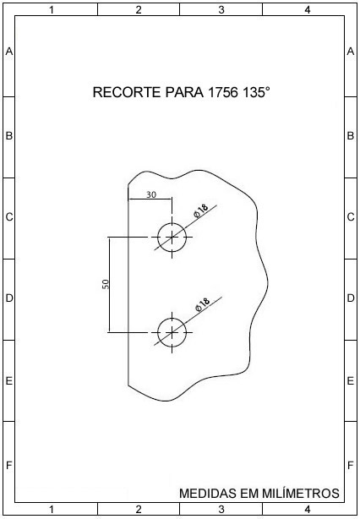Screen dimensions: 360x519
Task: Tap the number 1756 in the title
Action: tap(223, 92)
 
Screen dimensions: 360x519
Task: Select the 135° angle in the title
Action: tap(256, 92)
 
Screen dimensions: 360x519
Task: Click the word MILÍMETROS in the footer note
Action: tap(301, 493)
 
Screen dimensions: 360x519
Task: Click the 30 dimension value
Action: tap(151, 194)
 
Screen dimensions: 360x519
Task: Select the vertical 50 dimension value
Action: tap(106, 284)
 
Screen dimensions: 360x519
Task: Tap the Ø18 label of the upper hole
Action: tap(201, 210)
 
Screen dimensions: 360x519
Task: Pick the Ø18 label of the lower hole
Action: tap(203, 304)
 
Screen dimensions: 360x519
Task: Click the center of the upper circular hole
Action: tap(172, 238)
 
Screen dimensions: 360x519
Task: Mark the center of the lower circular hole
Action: tap(172, 332)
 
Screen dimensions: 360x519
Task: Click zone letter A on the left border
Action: tap(9, 52)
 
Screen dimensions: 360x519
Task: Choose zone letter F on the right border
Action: tap(351, 466)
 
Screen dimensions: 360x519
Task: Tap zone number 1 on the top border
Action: tap(52, 10)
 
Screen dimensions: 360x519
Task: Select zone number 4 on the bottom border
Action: tap(308, 509)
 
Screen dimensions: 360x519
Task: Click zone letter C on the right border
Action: tap(351, 217)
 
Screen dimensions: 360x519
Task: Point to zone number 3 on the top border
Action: tap(221, 10)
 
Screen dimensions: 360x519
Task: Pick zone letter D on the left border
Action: tap(9, 298)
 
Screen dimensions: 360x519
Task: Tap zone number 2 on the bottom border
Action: tap(139, 509)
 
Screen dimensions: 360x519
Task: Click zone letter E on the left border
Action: tap(9, 381)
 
